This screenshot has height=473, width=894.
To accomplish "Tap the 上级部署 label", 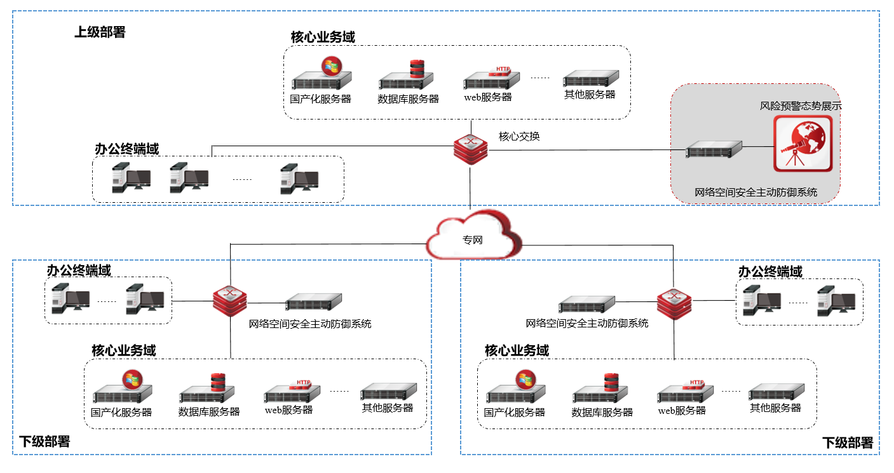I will tap(100, 32).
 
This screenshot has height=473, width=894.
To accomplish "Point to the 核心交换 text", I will tap(519, 136).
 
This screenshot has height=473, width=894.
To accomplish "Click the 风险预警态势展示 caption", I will tap(801, 106).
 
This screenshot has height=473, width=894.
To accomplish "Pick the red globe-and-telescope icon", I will tap(803, 143).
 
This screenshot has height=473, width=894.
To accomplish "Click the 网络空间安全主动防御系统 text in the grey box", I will tap(755, 192).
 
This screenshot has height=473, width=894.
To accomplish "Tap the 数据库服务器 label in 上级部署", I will tap(408, 99).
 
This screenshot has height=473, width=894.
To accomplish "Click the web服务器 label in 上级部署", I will tap(487, 97).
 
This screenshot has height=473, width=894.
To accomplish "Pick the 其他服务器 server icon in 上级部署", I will tap(591, 79).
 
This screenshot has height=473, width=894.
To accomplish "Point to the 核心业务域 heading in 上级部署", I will tap(323, 37).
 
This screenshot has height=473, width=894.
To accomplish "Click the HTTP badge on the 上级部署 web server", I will tap(502, 69).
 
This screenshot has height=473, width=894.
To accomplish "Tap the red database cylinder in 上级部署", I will tap(416, 68).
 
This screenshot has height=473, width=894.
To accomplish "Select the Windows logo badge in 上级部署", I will tap(331, 65).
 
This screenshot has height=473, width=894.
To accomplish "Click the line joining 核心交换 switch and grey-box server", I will tap(585, 150).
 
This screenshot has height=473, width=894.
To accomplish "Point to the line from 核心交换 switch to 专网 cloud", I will tap(470, 188).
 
